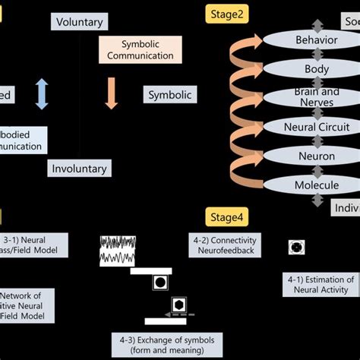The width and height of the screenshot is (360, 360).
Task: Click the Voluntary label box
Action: click(79, 22)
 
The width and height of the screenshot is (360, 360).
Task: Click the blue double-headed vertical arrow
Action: click(43, 95)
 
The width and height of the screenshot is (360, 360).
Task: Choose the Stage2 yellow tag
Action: click(221, 13)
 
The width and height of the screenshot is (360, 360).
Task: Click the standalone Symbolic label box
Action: click(168, 95)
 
